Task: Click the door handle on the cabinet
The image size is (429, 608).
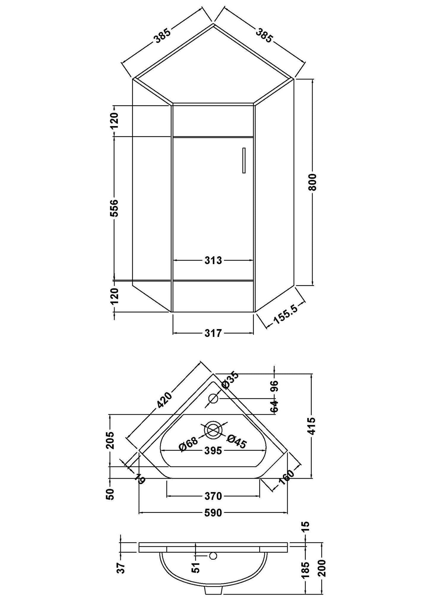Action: point(244,160)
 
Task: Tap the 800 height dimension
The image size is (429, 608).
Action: point(314,182)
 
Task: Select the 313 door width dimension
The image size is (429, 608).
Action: point(213,260)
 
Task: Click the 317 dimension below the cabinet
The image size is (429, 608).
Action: point(213,333)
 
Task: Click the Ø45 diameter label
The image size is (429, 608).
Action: point(237,442)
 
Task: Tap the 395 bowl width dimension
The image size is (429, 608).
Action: point(213,451)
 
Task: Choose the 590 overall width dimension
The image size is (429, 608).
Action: point(213,513)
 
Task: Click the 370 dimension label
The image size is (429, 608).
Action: point(213,496)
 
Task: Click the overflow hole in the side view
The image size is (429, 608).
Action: point(213,555)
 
